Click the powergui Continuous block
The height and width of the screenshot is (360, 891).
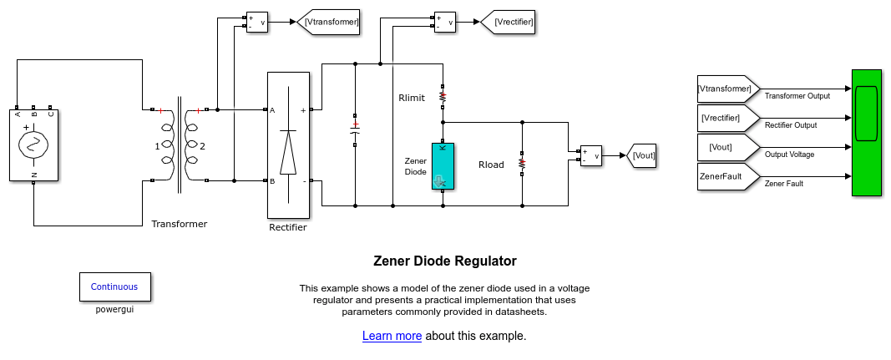(x=115, y=286)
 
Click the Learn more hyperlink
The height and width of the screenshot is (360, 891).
(x=392, y=336)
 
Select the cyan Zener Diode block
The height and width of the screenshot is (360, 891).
(x=443, y=166)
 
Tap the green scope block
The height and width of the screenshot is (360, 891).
(x=867, y=133)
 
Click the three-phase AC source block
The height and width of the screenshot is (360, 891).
(x=33, y=144)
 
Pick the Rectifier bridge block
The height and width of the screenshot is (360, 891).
(x=287, y=145)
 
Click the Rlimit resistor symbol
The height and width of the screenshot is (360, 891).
(x=443, y=96)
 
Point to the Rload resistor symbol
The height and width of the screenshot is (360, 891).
(x=522, y=164)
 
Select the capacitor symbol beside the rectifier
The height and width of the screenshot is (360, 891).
(x=355, y=129)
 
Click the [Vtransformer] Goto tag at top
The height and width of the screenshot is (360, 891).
(x=329, y=23)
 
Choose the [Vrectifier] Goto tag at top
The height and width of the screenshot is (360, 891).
(x=507, y=23)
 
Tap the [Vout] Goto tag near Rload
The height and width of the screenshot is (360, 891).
(x=641, y=155)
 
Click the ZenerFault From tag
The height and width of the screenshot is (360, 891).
(x=727, y=176)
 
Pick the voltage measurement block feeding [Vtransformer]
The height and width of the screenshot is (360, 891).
(x=256, y=23)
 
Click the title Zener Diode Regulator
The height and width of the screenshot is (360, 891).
(x=444, y=261)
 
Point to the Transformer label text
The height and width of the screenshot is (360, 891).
(x=179, y=224)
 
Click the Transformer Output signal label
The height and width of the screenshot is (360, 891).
(x=797, y=95)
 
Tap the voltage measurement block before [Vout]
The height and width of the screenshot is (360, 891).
(x=591, y=155)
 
